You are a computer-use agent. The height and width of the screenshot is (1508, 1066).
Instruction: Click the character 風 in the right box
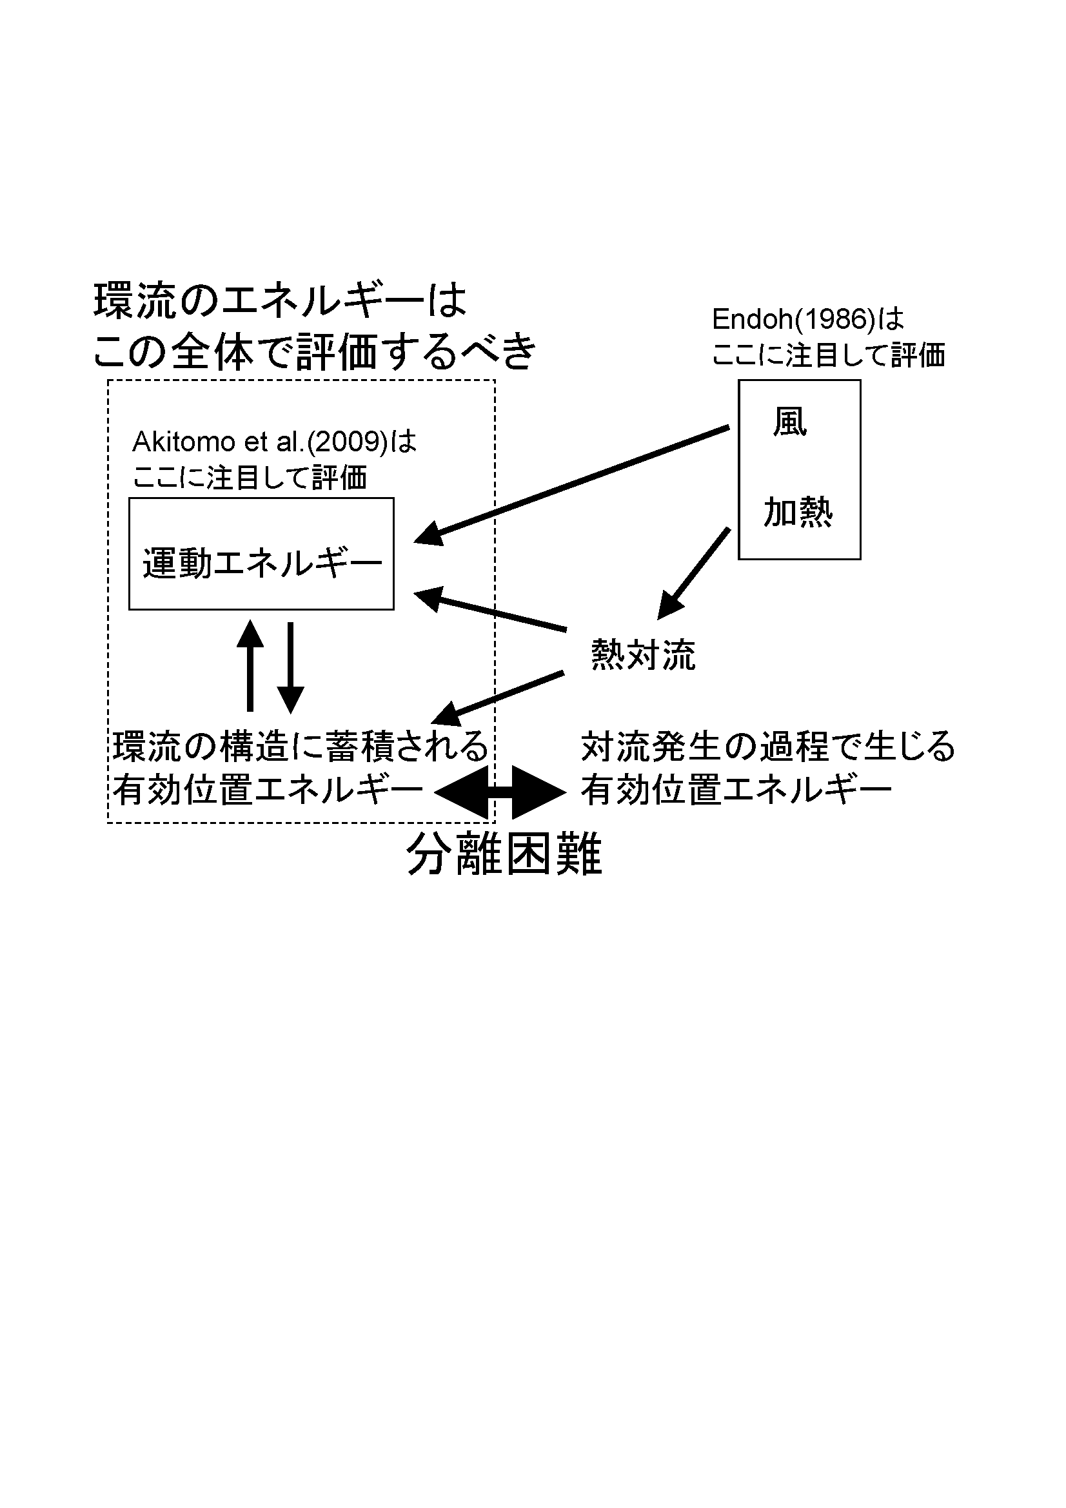tap(789, 422)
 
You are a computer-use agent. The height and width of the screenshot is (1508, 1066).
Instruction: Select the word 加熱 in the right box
tap(798, 513)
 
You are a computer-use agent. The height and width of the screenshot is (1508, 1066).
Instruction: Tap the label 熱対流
tap(643, 655)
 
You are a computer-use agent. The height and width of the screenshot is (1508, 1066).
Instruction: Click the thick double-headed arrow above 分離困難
tap(500, 793)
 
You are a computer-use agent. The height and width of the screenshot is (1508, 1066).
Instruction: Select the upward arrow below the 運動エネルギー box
tap(250, 665)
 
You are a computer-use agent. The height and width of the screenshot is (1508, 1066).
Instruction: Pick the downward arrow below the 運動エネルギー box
tap(290, 668)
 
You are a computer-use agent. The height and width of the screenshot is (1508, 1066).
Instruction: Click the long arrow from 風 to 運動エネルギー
tap(571, 485)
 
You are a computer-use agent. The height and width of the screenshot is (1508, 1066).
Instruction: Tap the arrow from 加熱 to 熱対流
tap(694, 573)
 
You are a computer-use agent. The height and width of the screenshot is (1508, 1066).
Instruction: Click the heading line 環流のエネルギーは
tap(281, 301)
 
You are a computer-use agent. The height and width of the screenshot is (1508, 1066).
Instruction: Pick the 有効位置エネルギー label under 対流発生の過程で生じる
tap(736, 790)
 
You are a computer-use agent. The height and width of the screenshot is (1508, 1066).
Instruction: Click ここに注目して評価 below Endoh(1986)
tap(829, 355)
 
